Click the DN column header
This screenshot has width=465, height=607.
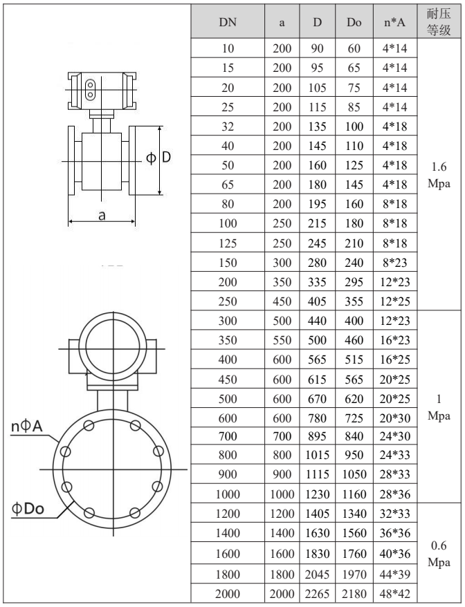tap(227, 22)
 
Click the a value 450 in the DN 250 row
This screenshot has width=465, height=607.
tap(282, 302)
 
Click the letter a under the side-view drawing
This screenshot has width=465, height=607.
tap(101, 215)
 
